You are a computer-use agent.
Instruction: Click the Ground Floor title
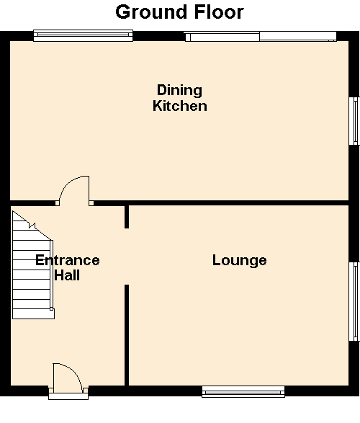tap(180, 12)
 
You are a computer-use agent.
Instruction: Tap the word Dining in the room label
tap(179, 91)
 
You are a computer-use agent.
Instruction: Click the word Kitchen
tap(180, 106)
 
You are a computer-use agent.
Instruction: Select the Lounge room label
tap(240, 261)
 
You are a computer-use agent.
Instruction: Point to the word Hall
tap(67, 275)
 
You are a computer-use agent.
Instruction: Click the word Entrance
tap(68, 260)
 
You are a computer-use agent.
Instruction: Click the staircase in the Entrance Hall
tap(33, 265)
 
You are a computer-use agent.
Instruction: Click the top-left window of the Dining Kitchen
tap(83, 35)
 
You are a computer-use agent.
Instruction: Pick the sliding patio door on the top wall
tap(261, 37)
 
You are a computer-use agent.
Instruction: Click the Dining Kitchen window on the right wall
tap(354, 121)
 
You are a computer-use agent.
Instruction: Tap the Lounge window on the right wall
tap(354, 301)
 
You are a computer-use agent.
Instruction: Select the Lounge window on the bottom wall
tap(243, 391)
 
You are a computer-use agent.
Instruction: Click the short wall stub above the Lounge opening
tap(127, 217)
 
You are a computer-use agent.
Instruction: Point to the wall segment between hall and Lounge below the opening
tap(127, 335)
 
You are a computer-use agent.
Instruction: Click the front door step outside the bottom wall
tap(68, 396)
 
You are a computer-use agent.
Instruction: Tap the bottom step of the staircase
tap(33, 314)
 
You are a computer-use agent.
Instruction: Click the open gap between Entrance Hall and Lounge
tap(127, 257)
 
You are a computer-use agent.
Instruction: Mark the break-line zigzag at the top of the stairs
tap(32, 226)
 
